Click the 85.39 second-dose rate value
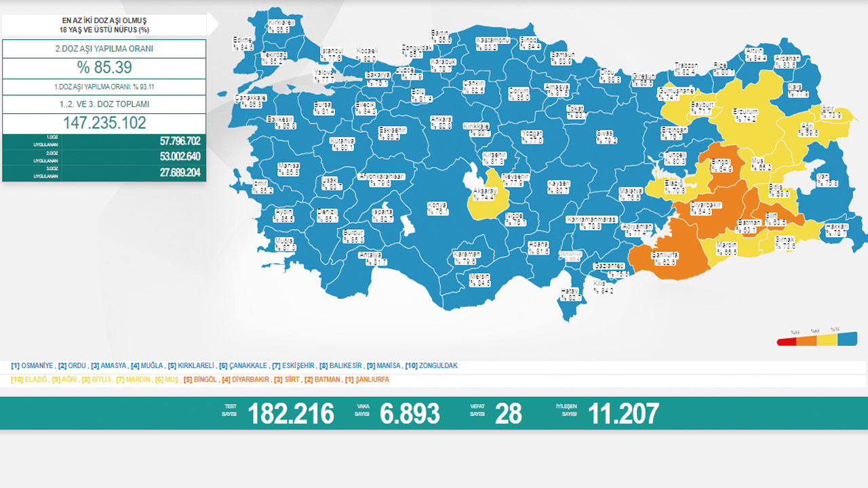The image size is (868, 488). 104,68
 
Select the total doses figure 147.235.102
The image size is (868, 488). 104,123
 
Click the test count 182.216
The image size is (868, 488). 291,413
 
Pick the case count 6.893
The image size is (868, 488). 410,413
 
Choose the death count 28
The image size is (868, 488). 509,413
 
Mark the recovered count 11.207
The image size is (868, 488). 623,413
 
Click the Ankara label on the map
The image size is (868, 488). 441,122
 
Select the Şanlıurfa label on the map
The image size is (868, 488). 665,257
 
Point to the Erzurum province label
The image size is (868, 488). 745,115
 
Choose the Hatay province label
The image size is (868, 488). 570,293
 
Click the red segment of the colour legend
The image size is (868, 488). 787,342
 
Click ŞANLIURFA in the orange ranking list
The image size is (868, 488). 370,380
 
